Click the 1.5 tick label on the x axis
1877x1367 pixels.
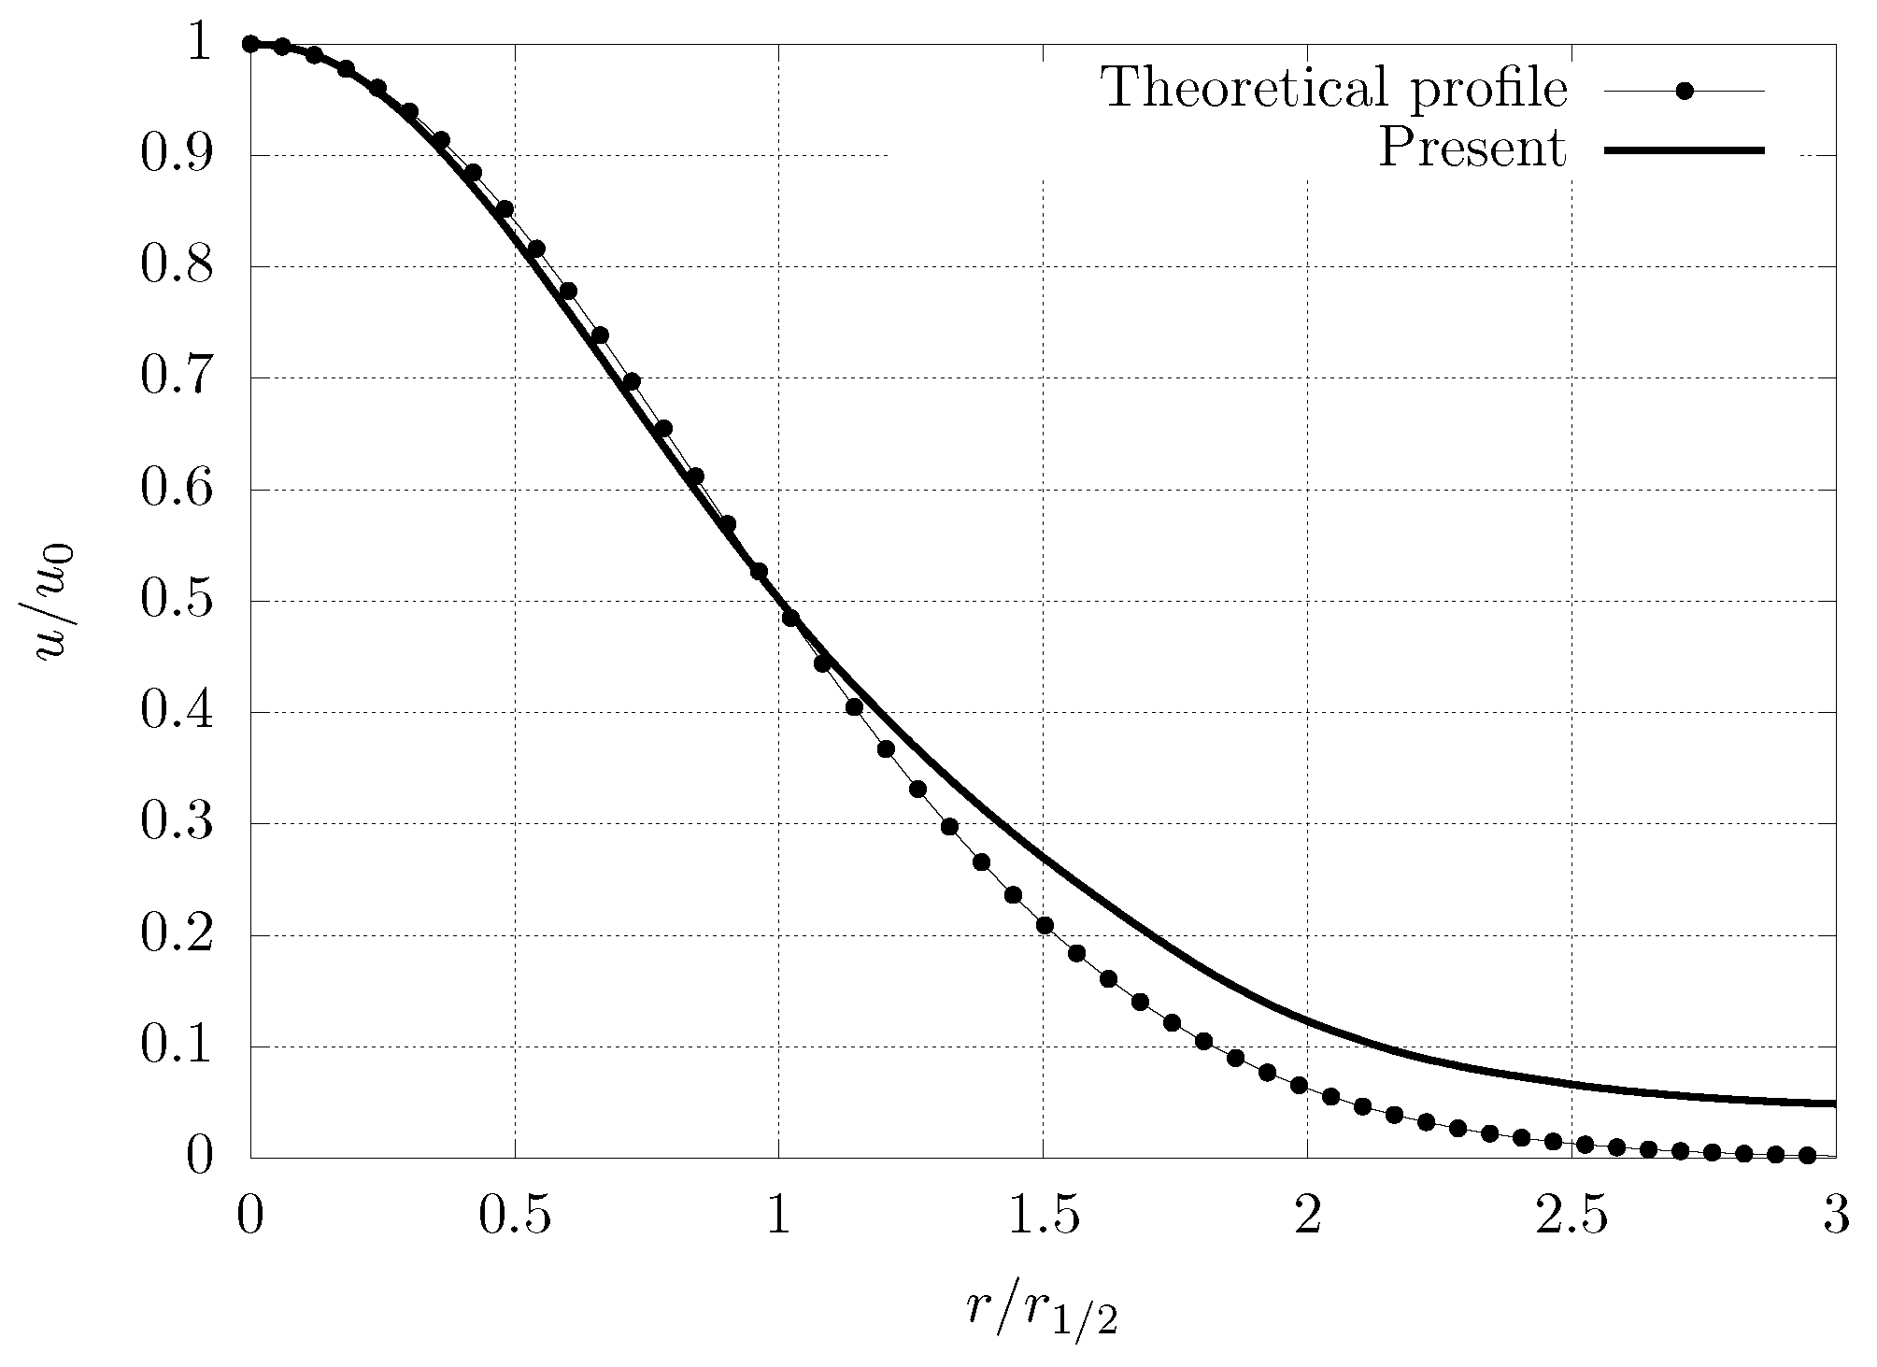(1043, 1218)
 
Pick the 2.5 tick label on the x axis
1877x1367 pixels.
(1571, 1218)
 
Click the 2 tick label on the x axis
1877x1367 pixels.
(1307, 1218)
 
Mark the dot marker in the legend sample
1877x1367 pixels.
(1685, 91)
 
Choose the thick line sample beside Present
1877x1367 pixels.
(1685, 150)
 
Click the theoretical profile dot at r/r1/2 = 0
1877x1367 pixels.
(250, 44)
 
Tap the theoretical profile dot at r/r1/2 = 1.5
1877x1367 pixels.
(1045, 925)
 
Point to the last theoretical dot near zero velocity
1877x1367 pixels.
(1807, 1155)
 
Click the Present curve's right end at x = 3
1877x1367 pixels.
(1833, 1104)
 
